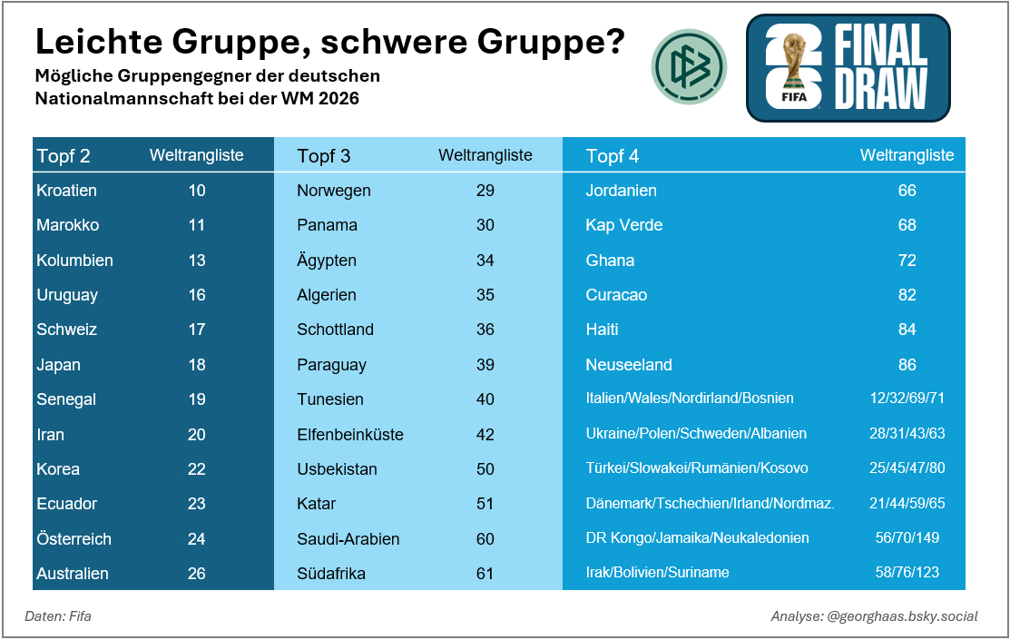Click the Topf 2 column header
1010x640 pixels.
click(64, 156)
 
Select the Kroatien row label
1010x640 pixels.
click(66, 191)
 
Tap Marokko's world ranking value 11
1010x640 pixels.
click(197, 225)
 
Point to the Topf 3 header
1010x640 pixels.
click(324, 156)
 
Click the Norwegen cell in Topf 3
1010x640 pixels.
click(334, 191)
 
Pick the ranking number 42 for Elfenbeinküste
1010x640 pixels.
click(485, 435)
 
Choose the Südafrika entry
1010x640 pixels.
click(332, 574)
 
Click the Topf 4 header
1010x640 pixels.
click(613, 156)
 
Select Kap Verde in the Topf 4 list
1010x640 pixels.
click(624, 225)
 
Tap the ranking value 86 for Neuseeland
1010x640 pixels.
click(907, 365)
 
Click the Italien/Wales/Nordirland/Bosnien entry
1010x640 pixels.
click(690, 399)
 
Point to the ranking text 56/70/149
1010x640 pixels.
click(907, 538)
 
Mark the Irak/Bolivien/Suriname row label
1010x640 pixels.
click(658, 573)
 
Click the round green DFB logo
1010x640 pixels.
click(690, 66)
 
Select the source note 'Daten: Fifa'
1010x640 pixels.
click(58, 616)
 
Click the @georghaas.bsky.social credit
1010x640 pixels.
click(903, 616)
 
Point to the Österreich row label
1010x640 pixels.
click(74, 539)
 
